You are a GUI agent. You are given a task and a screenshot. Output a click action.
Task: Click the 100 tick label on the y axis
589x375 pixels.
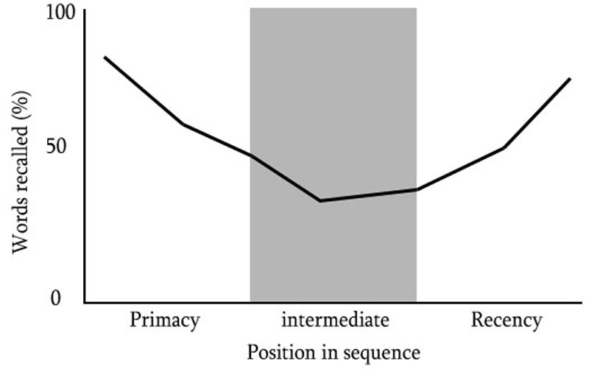pyautogui.click(x=61, y=13)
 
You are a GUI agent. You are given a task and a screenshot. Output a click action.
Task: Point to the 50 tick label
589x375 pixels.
pyautogui.click(x=56, y=146)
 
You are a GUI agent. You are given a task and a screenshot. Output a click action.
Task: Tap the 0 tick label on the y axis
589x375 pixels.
pyautogui.click(x=56, y=298)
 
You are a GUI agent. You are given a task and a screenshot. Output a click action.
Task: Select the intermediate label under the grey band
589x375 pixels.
pyautogui.click(x=335, y=320)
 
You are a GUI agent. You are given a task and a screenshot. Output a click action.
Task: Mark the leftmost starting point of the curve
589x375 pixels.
pyautogui.click(x=105, y=57)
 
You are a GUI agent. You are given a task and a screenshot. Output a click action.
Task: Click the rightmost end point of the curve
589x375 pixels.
pyautogui.click(x=570, y=79)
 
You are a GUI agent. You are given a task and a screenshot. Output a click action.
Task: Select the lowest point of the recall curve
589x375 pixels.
pyautogui.click(x=320, y=200)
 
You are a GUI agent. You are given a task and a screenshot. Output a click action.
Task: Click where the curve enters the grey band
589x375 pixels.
pyautogui.click(x=250, y=156)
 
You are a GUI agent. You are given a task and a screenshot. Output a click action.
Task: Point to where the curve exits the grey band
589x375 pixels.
pyautogui.click(x=416, y=189)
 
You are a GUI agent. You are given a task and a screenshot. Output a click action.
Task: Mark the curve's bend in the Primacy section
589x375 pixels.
pyautogui.click(x=183, y=124)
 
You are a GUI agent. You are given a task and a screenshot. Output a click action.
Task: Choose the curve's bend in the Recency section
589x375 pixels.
pyautogui.click(x=504, y=147)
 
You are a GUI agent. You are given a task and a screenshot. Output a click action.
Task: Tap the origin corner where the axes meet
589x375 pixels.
pyautogui.click(x=85, y=302)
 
